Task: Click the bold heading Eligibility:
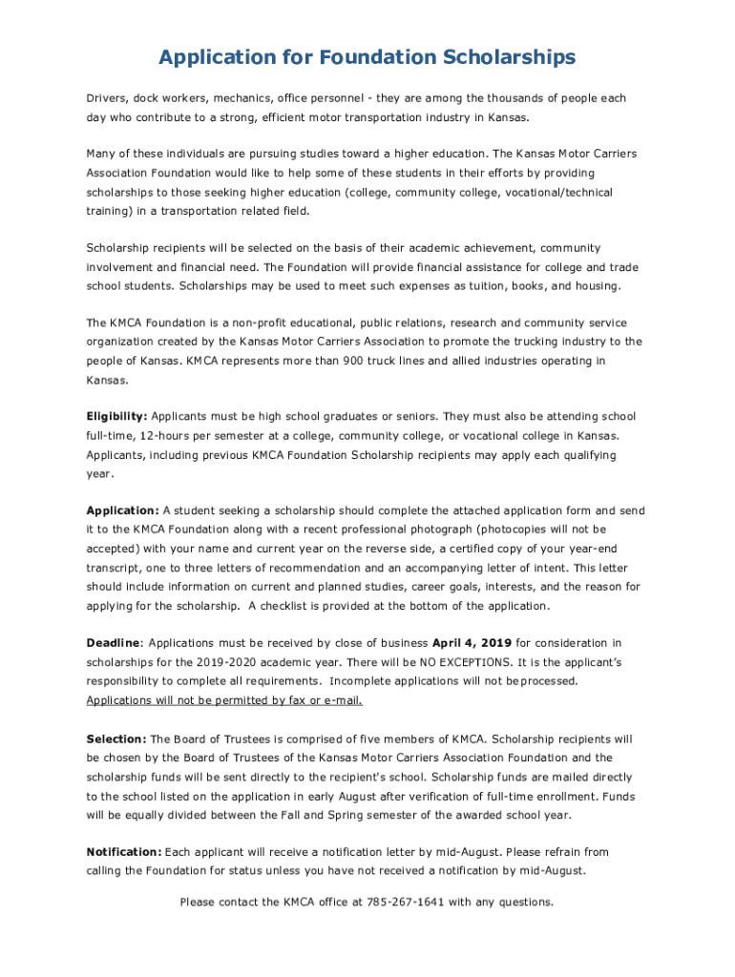click(116, 417)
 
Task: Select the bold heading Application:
click(122, 510)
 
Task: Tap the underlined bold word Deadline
click(114, 644)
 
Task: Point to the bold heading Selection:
click(116, 739)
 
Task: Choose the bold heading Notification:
click(124, 852)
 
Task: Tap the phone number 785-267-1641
click(405, 902)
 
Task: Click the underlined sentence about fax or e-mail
click(224, 700)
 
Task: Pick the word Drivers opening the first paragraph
click(106, 98)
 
